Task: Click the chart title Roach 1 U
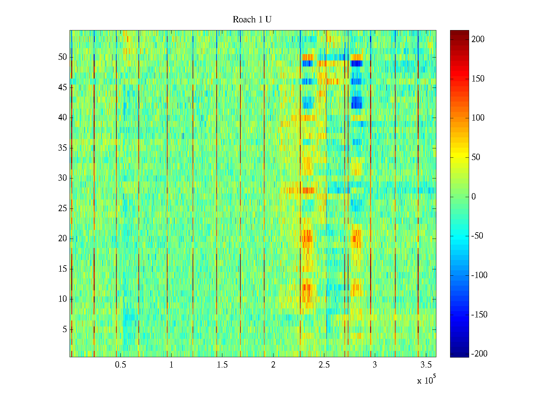[252, 20]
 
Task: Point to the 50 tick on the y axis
[63, 57]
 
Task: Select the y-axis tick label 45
[63, 88]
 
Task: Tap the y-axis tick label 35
[63, 148]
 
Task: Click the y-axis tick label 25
[63, 209]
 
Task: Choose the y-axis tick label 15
[63, 269]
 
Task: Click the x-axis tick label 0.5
[120, 365]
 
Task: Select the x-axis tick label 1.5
[222, 365]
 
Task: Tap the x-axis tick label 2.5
[324, 365]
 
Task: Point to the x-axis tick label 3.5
[426, 365]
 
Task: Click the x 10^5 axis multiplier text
[426, 380]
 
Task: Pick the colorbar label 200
[478, 39]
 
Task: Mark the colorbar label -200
[479, 354]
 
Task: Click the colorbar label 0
[473, 197]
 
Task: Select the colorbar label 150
[478, 79]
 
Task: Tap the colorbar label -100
[479, 275]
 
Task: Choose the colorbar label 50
[476, 157]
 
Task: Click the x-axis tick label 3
[375, 365]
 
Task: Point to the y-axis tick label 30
[63, 178]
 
